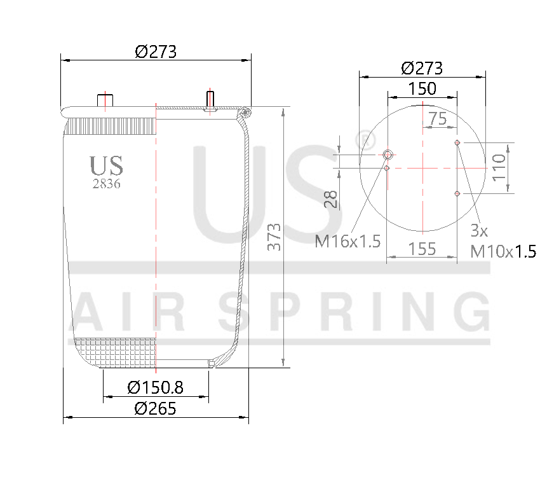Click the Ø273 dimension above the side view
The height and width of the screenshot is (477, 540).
click(155, 52)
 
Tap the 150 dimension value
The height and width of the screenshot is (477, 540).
click(422, 88)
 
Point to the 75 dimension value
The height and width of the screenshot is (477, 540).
click(438, 118)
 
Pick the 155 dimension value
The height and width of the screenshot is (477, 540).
click(422, 249)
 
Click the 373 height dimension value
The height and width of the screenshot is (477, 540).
click(274, 237)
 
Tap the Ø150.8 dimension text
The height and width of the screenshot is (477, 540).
click(156, 387)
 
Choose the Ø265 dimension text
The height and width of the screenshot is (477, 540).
click(156, 408)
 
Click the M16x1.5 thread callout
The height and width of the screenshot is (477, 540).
click(348, 241)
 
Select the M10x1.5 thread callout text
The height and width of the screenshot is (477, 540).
click(503, 251)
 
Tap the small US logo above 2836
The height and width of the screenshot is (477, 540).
click(106, 165)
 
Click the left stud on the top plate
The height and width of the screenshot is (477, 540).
click(104, 100)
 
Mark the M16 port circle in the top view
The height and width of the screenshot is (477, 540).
click(388, 155)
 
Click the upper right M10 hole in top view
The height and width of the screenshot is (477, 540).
click(457, 142)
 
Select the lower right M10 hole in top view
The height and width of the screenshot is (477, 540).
click(457, 193)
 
